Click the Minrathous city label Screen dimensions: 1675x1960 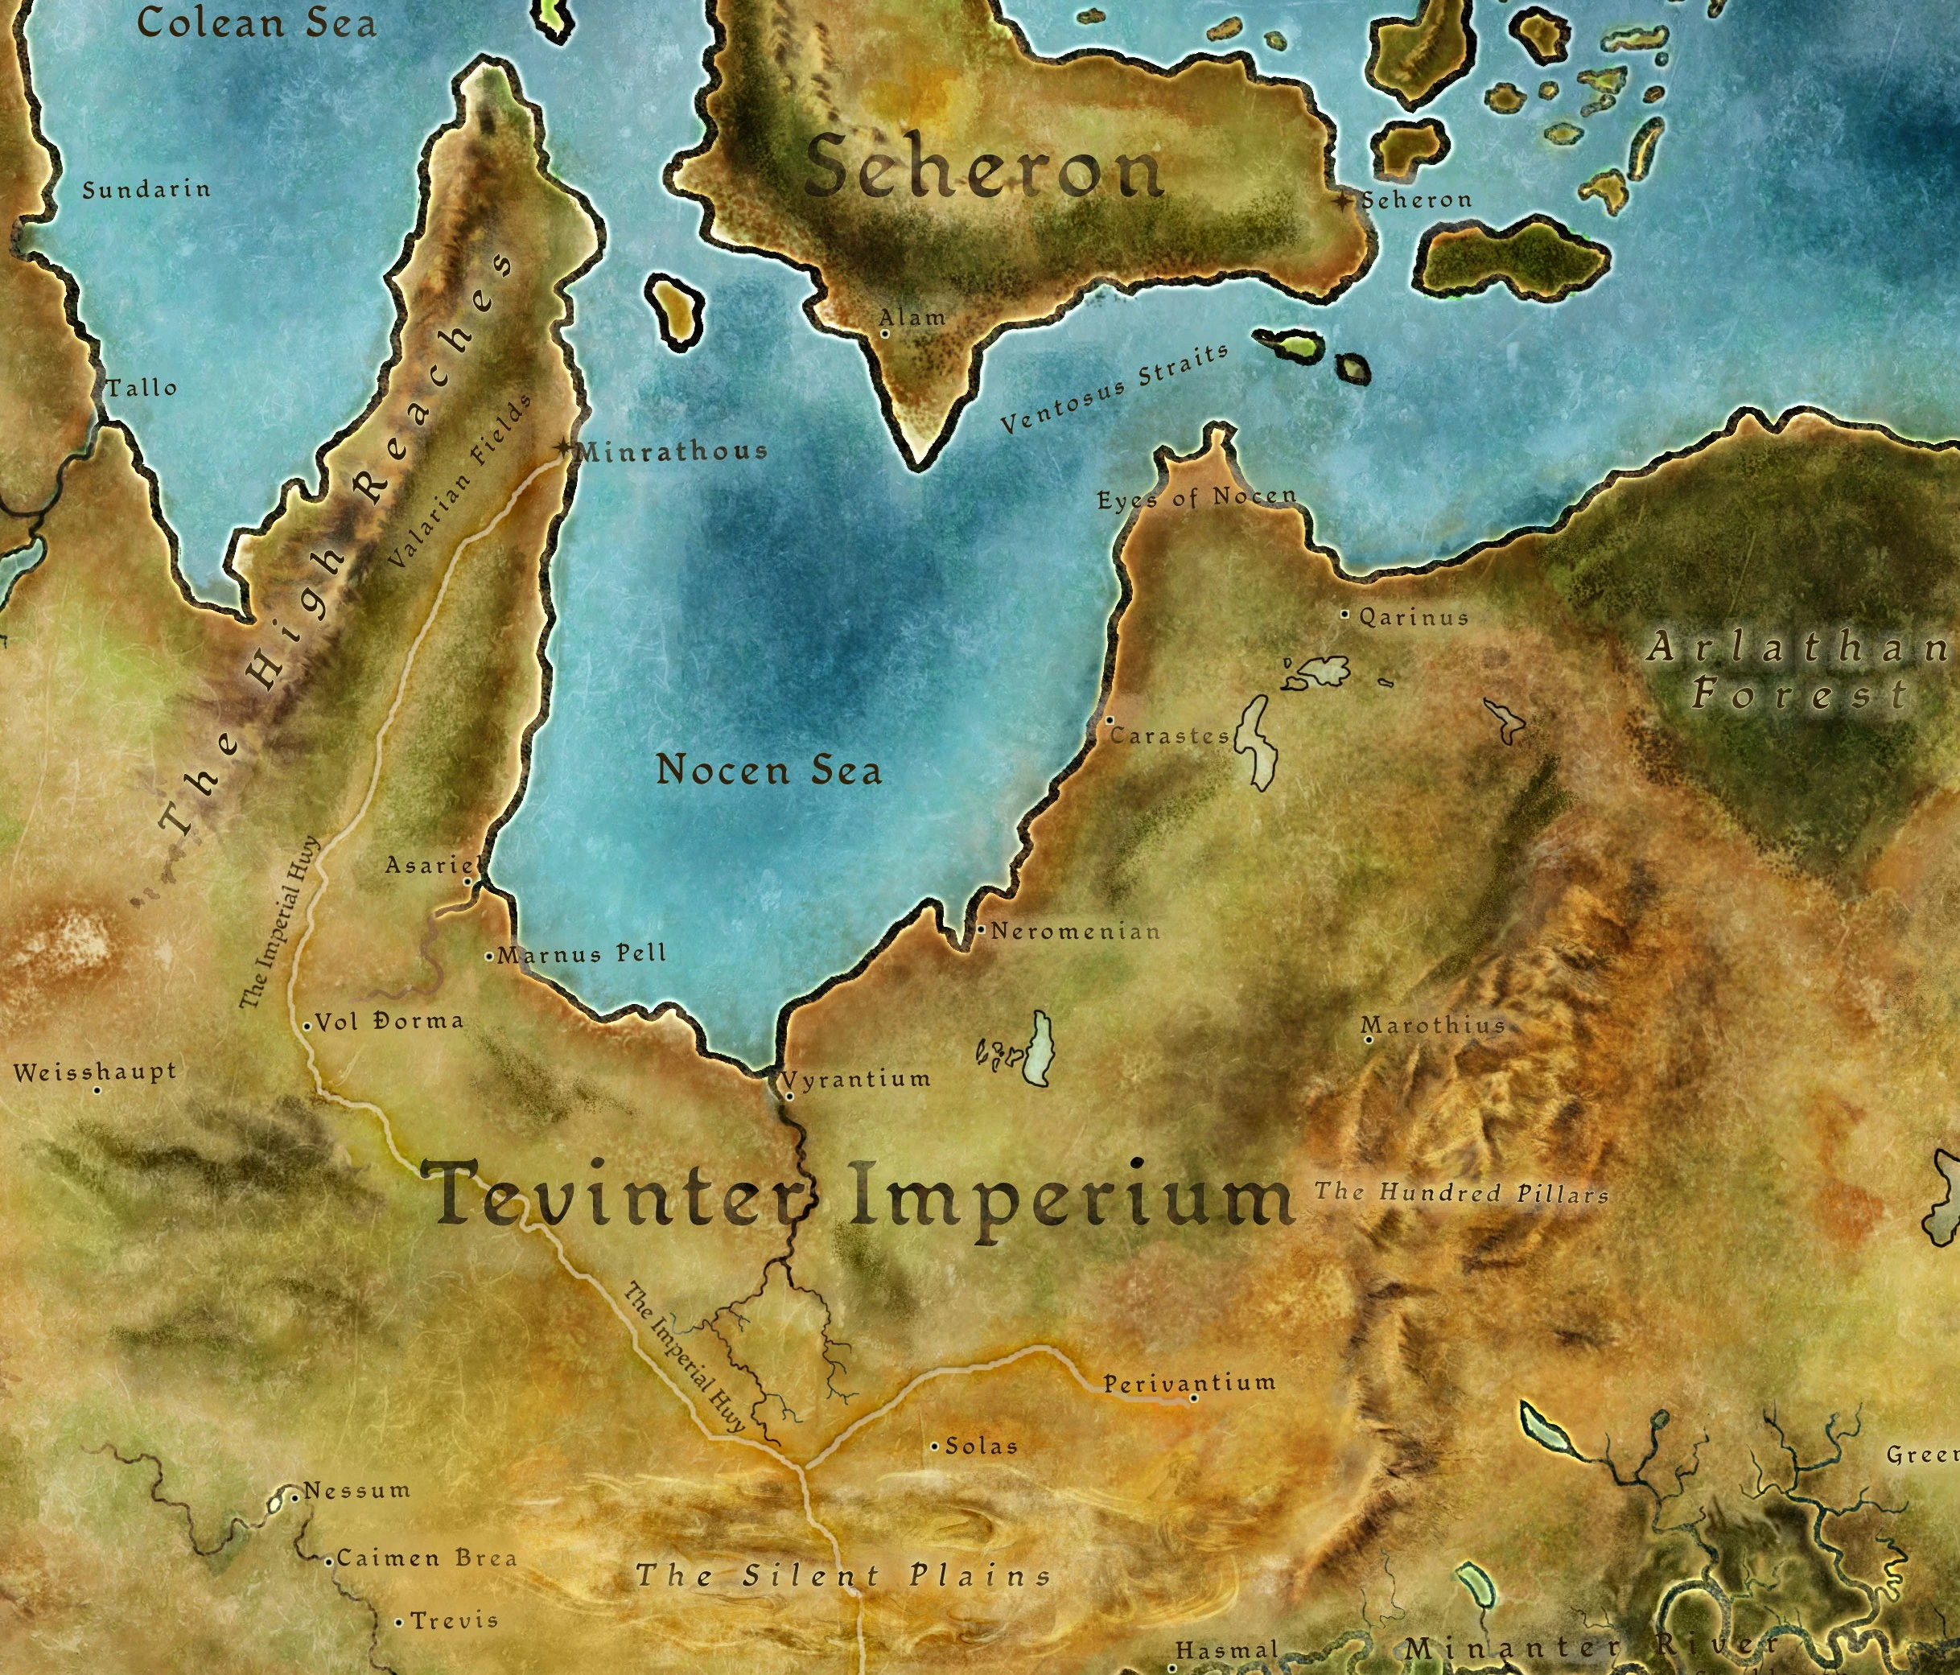(672, 451)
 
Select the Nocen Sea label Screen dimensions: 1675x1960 (768, 770)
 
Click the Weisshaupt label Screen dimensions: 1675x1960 (95, 1072)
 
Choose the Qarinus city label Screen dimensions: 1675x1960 (1413, 619)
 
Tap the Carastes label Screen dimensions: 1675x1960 (1169, 736)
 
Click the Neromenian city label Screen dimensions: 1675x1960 (1076, 932)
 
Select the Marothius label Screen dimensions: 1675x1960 (1432, 1025)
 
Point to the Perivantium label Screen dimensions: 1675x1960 (1189, 1383)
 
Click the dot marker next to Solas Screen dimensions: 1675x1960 (935, 1447)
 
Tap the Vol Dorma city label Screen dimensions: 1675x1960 (389, 1022)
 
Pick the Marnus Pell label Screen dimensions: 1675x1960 (582, 953)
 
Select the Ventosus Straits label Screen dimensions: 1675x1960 (1114, 388)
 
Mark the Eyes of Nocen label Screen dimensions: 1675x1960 (1196, 497)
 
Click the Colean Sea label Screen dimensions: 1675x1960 (257, 23)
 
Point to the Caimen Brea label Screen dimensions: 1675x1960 (426, 1558)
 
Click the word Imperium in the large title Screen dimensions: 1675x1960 (1069, 1197)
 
